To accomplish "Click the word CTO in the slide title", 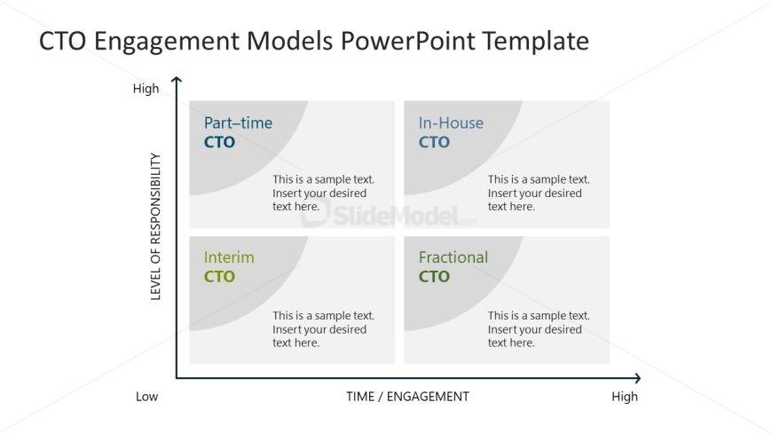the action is click(62, 41).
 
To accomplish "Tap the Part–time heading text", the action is click(239, 122).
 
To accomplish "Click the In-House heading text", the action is click(451, 122).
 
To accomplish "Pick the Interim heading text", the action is click(229, 257).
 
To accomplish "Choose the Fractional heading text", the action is click(453, 257).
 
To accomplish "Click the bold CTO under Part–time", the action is click(219, 142).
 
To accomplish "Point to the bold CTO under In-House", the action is click(434, 142).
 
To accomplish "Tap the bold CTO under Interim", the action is click(219, 277).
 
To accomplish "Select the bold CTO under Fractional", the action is click(434, 277).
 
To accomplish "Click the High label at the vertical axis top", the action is click(146, 89).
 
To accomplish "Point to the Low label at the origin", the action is click(146, 397).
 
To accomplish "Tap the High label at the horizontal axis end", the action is click(625, 397).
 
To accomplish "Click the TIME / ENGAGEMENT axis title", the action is click(407, 397).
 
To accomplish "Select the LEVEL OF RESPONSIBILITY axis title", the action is click(155, 226).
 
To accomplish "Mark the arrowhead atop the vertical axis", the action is click(177, 79).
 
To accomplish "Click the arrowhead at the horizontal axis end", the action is click(638, 378).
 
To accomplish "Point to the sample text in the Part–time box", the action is click(324, 193).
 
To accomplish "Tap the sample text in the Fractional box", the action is click(539, 329).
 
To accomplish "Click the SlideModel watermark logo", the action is click(389, 216).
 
